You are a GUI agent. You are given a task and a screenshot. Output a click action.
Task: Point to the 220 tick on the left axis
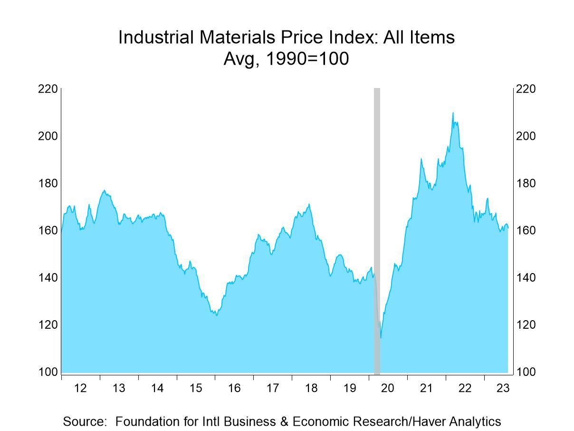(x=48, y=89)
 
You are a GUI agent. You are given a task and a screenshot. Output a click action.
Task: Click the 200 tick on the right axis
(x=526, y=136)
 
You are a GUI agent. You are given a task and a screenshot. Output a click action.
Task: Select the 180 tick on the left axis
(x=48, y=183)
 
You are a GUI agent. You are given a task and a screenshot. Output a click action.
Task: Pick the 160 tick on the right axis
(x=526, y=230)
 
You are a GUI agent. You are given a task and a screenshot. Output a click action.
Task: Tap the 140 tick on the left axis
(x=48, y=277)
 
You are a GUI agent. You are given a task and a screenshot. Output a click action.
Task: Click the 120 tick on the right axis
(x=526, y=324)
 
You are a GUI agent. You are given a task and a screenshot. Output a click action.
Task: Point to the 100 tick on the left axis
(x=48, y=372)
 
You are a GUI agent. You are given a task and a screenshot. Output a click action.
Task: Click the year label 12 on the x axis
(x=80, y=388)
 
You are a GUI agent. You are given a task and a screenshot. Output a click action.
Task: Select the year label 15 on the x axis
(x=196, y=388)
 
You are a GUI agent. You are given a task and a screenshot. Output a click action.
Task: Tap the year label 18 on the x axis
(x=311, y=388)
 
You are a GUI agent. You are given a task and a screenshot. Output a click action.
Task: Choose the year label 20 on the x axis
(x=388, y=388)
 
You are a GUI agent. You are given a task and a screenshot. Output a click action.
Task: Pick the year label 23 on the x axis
(x=503, y=388)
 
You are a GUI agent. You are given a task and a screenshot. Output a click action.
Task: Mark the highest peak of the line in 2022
(x=453, y=113)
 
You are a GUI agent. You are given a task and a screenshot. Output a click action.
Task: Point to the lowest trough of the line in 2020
(x=381, y=338)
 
